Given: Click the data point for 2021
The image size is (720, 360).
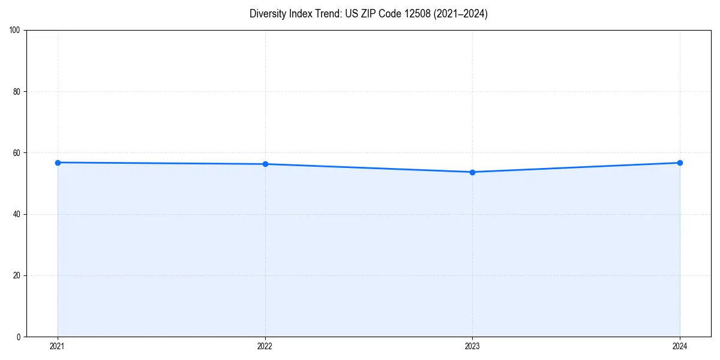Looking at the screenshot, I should click(58, 163).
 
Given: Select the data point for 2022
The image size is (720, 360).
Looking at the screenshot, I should click(265, 164).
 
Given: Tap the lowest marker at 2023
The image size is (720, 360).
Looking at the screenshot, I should click(472, 172).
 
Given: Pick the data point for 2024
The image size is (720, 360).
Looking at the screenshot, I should click(680, 163).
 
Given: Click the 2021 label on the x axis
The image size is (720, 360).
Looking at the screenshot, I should click(58, 346).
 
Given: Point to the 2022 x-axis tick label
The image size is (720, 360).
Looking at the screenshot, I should click(265, 346).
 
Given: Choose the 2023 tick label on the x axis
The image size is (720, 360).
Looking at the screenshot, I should click(472, 346).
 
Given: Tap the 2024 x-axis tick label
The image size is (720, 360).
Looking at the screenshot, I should click(680, 346).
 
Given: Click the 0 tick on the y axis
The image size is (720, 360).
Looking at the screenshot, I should click(19, 337).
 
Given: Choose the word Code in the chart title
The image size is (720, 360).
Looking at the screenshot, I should click(385, 14).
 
